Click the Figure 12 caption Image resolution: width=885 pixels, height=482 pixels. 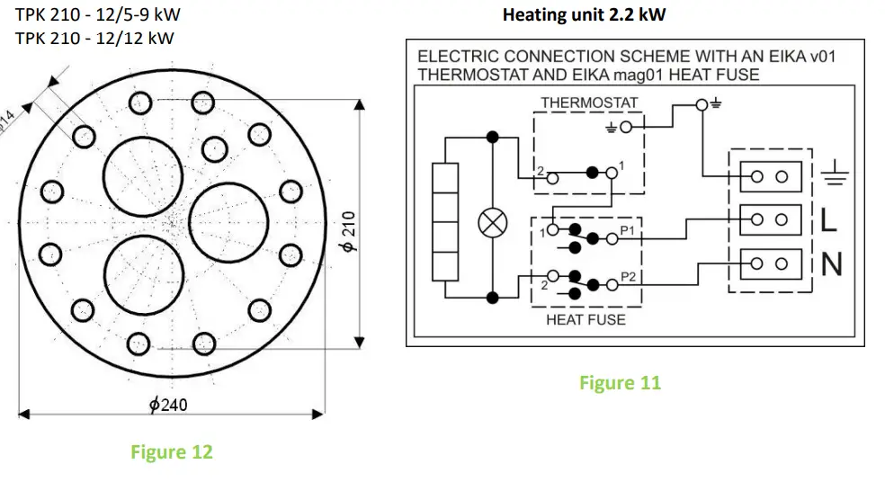click(172, 451)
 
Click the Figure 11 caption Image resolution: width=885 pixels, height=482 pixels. click(620, 383)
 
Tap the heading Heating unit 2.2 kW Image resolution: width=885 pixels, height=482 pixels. click(585, 15)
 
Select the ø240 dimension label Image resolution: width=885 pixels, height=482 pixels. click(168, 405)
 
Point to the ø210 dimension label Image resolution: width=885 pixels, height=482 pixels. click(350, 232)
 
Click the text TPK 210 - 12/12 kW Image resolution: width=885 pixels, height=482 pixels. click(94, 38)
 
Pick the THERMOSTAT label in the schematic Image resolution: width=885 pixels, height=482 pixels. click(589, 103)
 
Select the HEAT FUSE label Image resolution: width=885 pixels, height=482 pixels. click(586, 319)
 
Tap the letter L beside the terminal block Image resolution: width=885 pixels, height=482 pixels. click(829, 219)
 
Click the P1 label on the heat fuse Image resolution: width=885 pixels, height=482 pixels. click(628, 230)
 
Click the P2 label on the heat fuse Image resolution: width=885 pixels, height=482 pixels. click(628, 275)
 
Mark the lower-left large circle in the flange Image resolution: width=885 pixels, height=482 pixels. click(142, 269)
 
